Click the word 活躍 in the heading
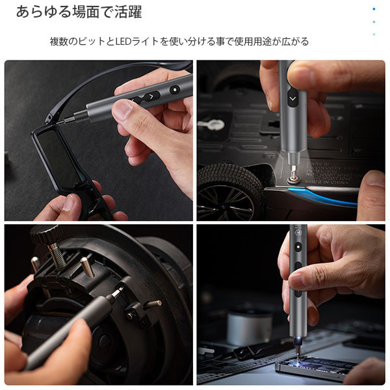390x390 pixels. [x=128, y=12]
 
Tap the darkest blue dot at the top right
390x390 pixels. [x=374, y=9]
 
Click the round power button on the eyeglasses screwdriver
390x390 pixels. [x=175, y=90]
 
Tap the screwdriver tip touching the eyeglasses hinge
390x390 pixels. [x=59, y=122]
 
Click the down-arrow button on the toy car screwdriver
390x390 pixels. [x=292, y=99]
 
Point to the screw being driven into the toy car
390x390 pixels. [x=293, y=179]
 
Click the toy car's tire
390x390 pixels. [x=230, y=191]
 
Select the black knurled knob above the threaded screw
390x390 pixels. [x=47, y=234]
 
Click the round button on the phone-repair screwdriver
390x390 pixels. [x=298, y=247]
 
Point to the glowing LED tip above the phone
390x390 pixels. [x=298, y=340]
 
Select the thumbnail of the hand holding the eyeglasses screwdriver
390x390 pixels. [x=99, y=140]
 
